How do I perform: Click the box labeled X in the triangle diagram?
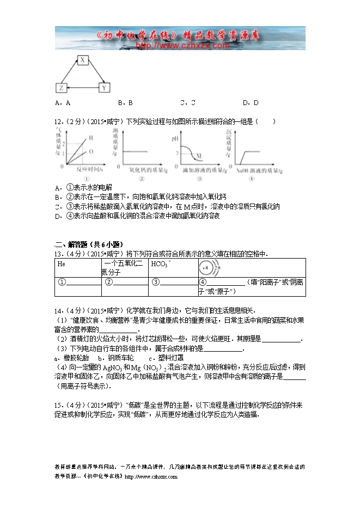coord(81,60)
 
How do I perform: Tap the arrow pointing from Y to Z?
coord(82,87)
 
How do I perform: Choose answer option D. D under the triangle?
coord(251,102)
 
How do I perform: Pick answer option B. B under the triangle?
coord(125,102)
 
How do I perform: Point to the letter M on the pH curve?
coord(199,156)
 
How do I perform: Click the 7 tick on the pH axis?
coord(176,154)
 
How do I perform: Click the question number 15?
coord(58,405)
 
